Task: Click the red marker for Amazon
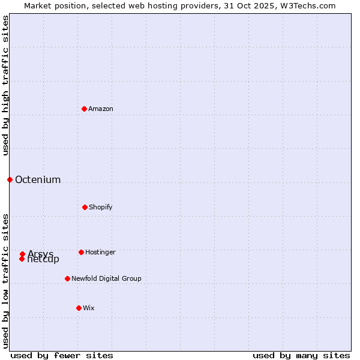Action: click(x=85, y=109)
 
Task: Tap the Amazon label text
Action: click(x=101, y=109)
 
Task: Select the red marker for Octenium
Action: click(x=10, y=179)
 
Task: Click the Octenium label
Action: click(x=38, y=180)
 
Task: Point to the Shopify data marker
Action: click(x=85, y=207)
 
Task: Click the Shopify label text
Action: click(x=101, y=208)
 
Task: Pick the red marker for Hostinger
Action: click(x=81, y=252)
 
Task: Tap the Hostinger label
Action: click(x=100, y=253)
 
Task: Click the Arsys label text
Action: click(x=41, y=254)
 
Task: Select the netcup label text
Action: click(x=44, y=260)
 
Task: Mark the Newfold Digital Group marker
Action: click(x=67, y=278)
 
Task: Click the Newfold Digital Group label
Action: click(x=106, y=279)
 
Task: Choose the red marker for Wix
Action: click(x=79, y=308)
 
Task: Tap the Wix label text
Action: click(x=89, y=308)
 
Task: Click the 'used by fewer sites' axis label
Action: click(x=62, y=356)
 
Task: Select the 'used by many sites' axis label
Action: click(x=301, y=356)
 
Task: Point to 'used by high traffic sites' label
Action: click(x=5, y=85)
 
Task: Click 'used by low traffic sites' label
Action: click(x=5, y=281)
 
